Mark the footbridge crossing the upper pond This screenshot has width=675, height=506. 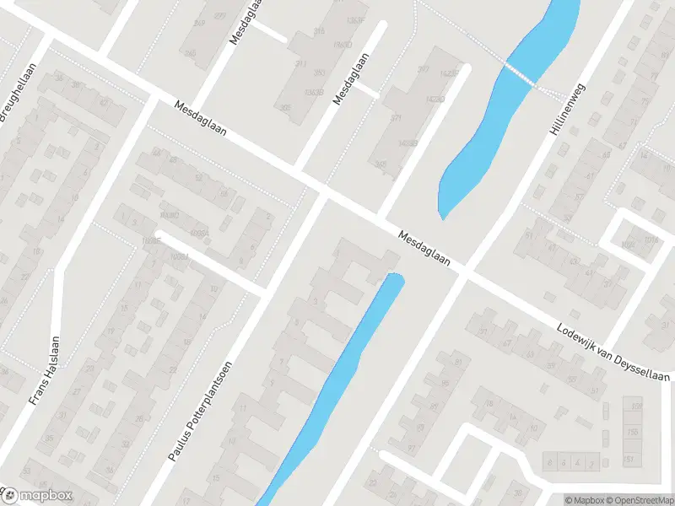(x=519, y=73)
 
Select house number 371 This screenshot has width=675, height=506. (x=397, y=118)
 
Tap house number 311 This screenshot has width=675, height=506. (x=300, y=64)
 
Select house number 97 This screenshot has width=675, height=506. (x=412, y=447)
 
